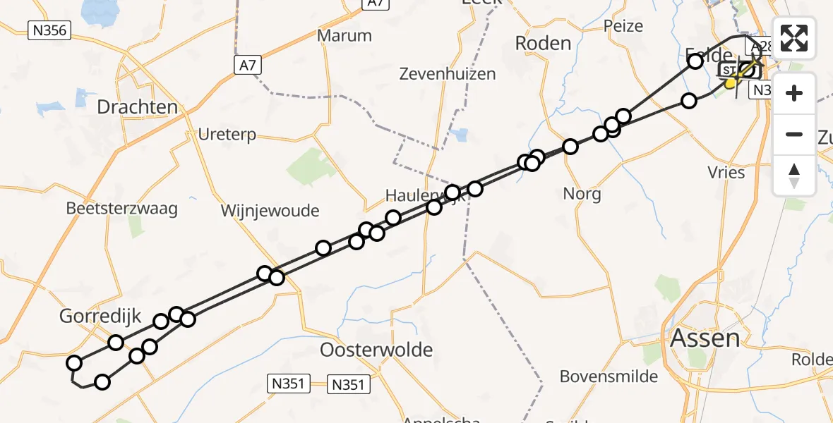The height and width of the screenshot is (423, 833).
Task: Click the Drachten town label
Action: pyautogui.click(x=137, y=107)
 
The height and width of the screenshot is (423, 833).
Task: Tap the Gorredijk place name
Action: pyautogui.click(x=101, y=317)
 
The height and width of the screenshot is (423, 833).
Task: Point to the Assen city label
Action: pyautogui.click(x=705, y=338)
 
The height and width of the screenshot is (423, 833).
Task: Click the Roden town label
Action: pyautogui.click(x=543, y=43)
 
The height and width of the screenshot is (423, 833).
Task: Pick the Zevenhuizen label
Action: pyautogui.click(x=448, y=73)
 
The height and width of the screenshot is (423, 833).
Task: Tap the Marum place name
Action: pyautogui.click(x=344, y=36)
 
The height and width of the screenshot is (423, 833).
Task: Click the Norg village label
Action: pyautogui.click(x=582, y=194)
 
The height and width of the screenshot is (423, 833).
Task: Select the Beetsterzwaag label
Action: pyautogui.click(x=121, y=209)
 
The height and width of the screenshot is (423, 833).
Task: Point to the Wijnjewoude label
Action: pyautogui.click(x=270, y=211)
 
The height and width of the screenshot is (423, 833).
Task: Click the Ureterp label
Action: pyautogui.click(x=227, y=135)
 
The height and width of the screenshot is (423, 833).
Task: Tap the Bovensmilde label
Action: pyautogui.click(x=609, y=376)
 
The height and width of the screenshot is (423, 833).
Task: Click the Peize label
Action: pyautogui.click(x=623, y=26)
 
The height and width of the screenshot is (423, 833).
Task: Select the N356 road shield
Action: pyautogui.click(x=49, y=30)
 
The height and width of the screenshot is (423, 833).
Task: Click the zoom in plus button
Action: pyautogui.click(x=794, y=93)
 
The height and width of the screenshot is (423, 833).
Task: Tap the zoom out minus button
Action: pyautogui.click(x=794, y=134)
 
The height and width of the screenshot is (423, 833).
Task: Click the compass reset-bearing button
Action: pyautogui.click(x=794, y=176)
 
